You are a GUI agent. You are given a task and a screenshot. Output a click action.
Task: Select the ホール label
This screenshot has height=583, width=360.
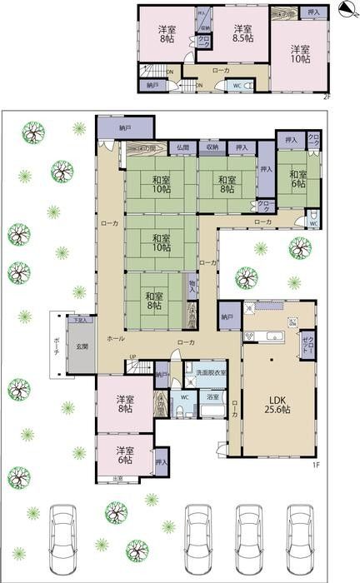pyautogui.click(x=117, y=341)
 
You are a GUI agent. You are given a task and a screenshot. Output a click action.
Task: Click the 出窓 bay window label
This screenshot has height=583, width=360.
pyautogui.click(x=118, y=478)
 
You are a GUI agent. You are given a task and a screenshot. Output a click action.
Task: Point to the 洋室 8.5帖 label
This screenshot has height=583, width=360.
pyautogui.click(x=242, y=32)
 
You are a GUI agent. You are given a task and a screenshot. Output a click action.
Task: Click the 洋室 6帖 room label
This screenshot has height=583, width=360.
pyautogui.click(x=124, y=453)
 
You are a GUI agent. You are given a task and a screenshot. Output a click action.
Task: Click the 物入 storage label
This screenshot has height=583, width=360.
pyautogui.click(x=193, y=288)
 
